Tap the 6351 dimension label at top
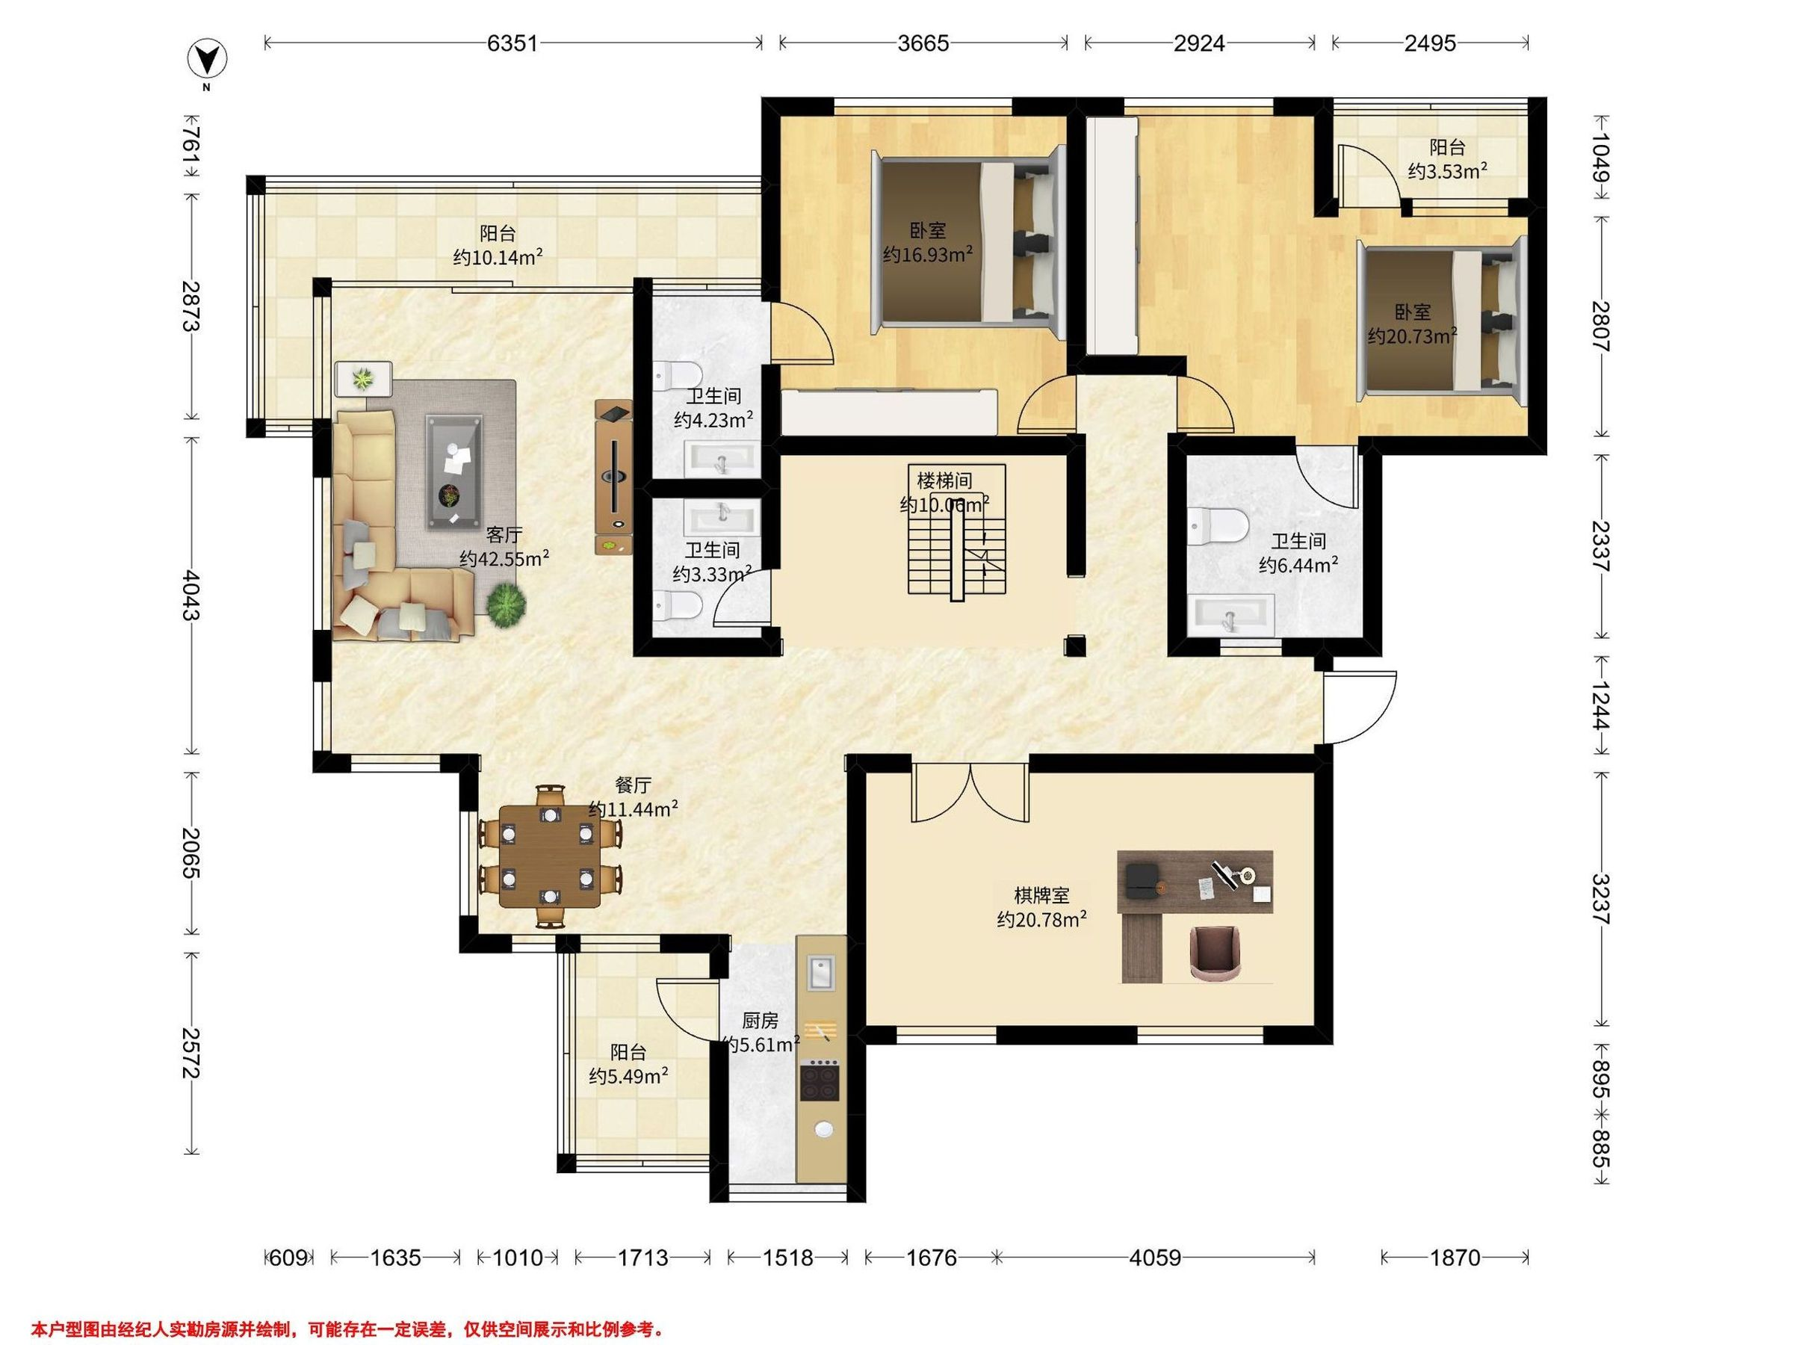pos(512,43)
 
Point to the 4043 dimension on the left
pos(191,595)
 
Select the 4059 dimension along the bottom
pos(1155,1258)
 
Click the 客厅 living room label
pos(504,535)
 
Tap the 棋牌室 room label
pos(1041,896)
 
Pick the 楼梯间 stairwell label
pos(944,480)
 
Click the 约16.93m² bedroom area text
pos(927,256)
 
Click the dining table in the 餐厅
pos(551,856)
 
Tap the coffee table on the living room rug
pos(454,470)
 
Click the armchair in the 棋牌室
pos(1216,953)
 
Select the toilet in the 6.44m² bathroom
pos(1218,525)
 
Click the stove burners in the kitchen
pos(820,1080)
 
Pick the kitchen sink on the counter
pos(821,973)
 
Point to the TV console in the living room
pos(613,477)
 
